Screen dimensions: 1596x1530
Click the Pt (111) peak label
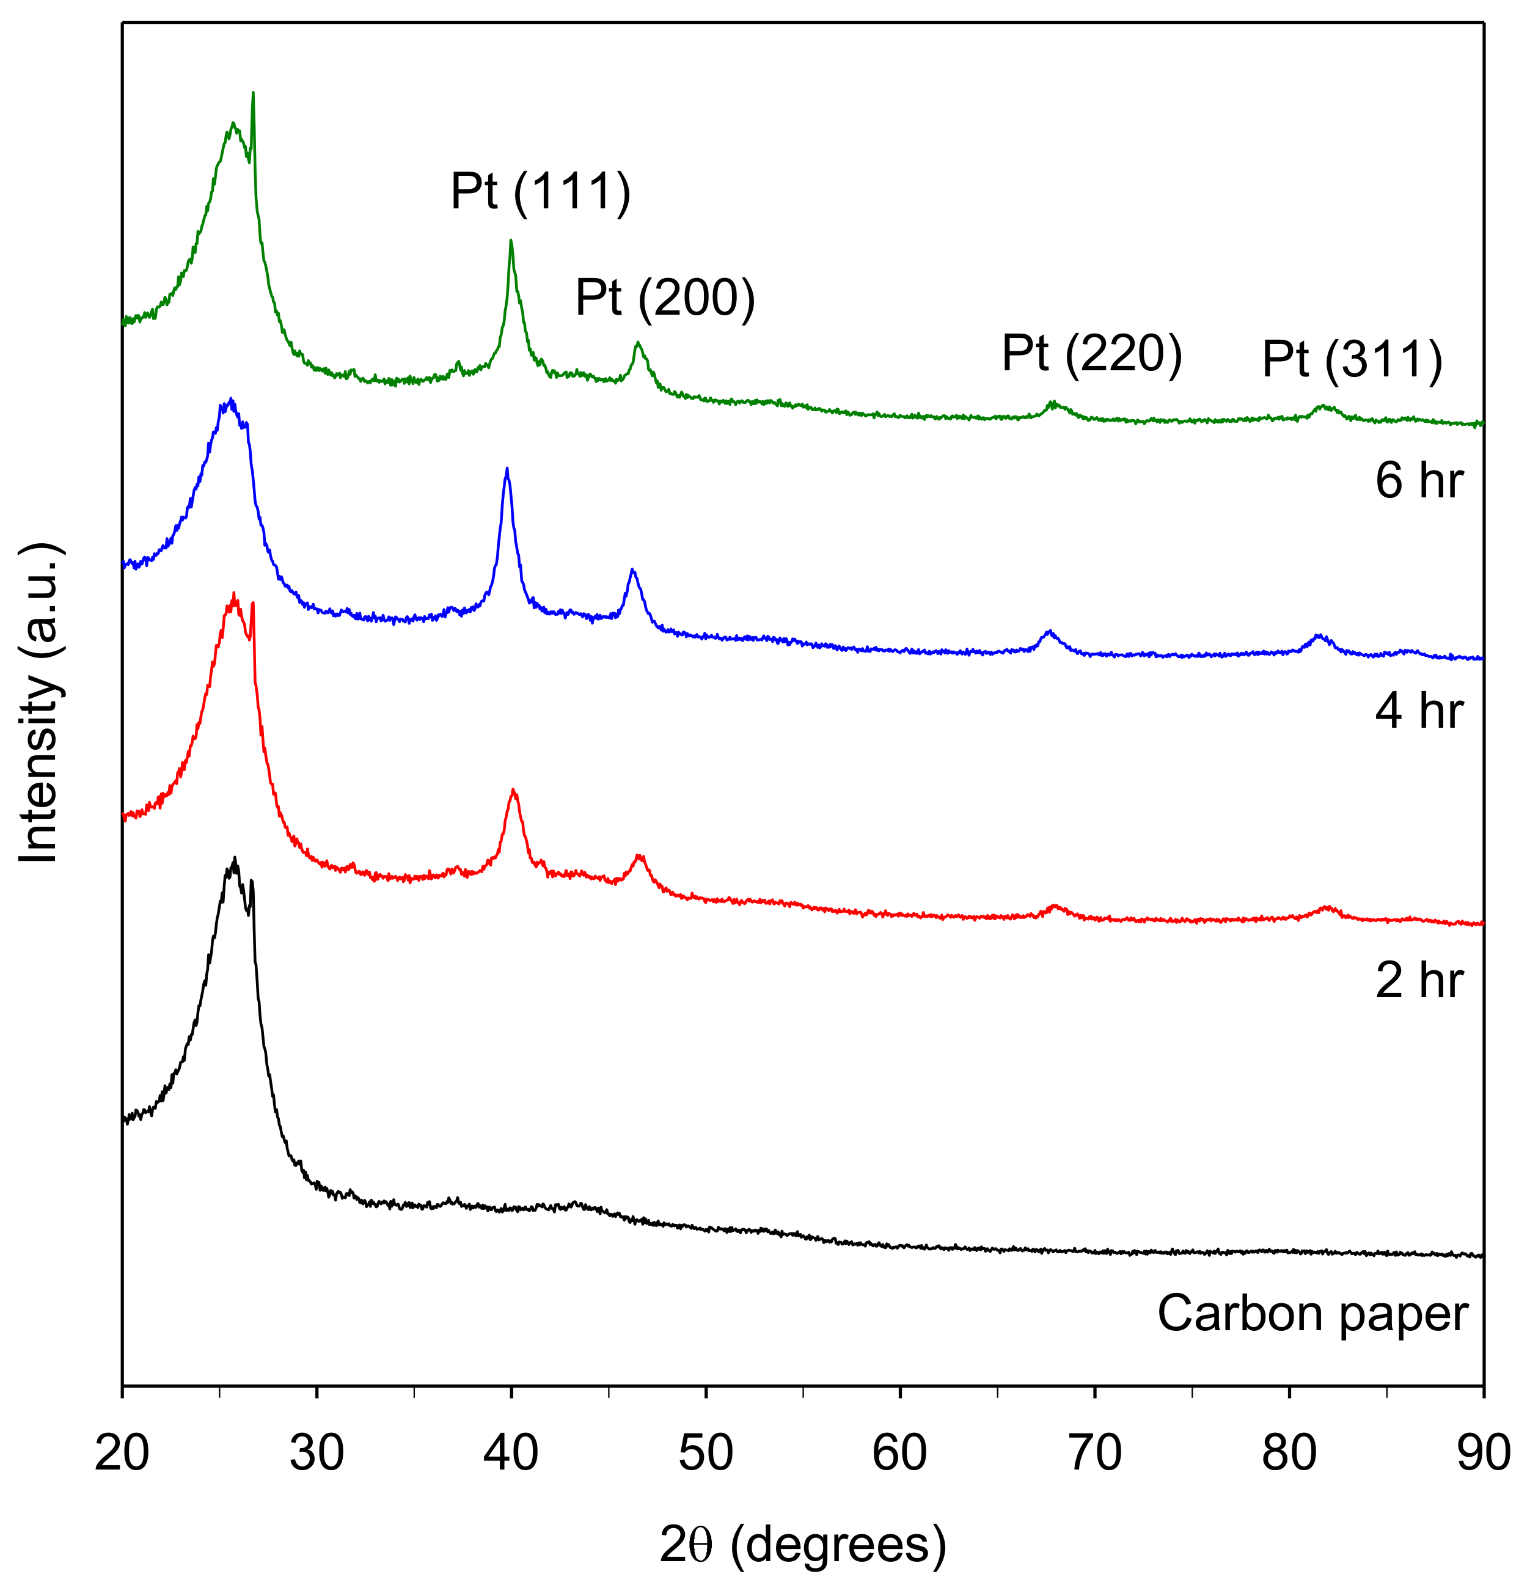(x=540, y=192)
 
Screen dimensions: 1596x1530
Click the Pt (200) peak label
(x=664, y=298)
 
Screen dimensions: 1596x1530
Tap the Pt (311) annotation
(x=1352, y=359)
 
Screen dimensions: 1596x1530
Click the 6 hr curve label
(x=1418, y=480)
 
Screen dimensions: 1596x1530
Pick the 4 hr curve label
(x=1418, y=711)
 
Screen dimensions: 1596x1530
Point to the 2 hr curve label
(x=1418, y=981)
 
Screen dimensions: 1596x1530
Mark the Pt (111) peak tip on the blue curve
(x=507, y=469)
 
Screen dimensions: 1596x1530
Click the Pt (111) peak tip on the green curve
(x=511, y=241)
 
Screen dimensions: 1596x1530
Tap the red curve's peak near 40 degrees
(x=513, y=791)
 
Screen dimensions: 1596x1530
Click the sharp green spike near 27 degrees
(x=253, y=93)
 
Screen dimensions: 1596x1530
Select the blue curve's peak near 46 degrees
(x=632, y=570)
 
